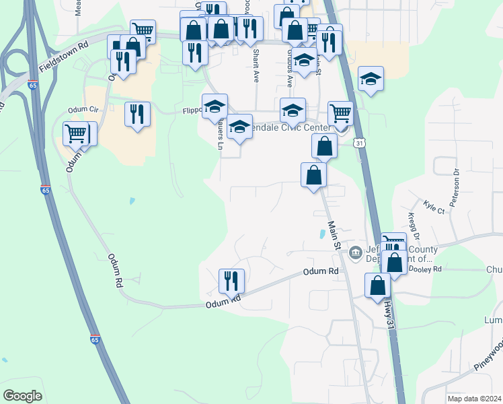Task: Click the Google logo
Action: [x=23, y=396]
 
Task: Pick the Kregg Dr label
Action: [x=413, y=225]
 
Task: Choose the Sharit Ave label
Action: [x=256, y=65]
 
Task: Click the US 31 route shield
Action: [x=361, y=143]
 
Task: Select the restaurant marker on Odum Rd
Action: [x=232, y=280]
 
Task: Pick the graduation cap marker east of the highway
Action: [x=371, y=79]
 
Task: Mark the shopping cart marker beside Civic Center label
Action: [x=341, y=113]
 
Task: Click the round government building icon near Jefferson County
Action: [x=355, y=253]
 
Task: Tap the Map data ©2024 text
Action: [x=474, y=399]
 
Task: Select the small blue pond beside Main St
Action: [x=322, y=235]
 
